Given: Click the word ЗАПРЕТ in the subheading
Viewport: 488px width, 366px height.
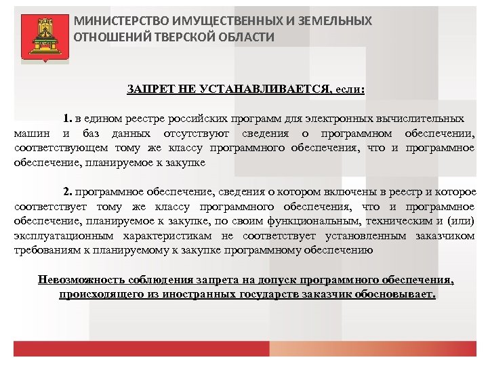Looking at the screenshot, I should point(147,89).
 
